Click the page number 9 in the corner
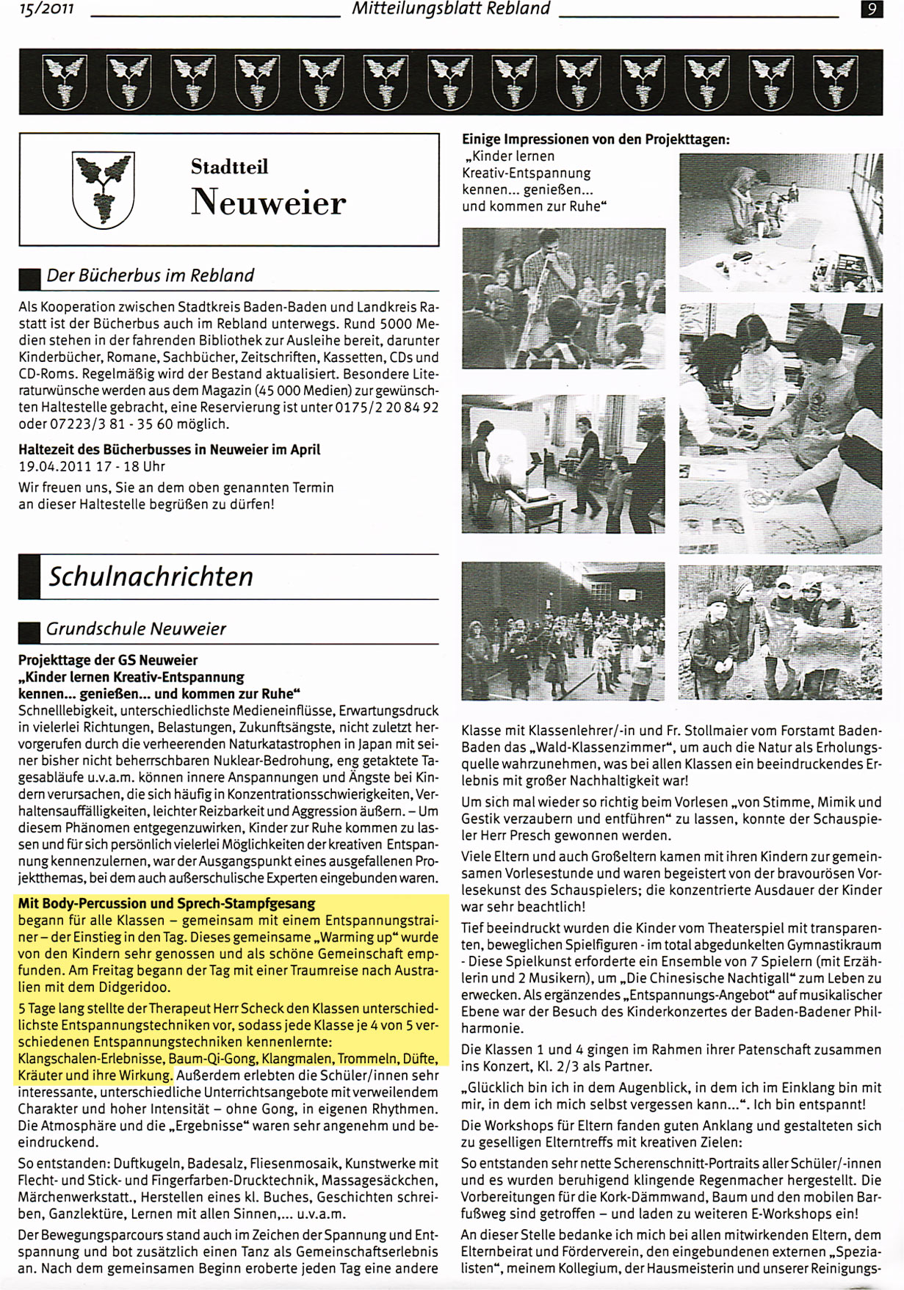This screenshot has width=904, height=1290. pyautogui.click(x=871, y=10)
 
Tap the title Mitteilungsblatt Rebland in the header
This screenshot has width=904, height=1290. pyautogui.click(x=451, y=9)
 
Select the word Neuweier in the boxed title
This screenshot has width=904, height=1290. pyautogui.click(x=268, y=202)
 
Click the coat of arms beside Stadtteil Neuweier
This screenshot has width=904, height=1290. pyautogui.click(x=103, y=188)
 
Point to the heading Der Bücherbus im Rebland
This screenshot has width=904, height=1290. pyautogui.click(x=150, y=275)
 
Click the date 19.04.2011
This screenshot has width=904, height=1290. pyautogui.click(x=54, y=466)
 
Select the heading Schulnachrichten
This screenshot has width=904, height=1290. pyautogui.click(x=151, y=576)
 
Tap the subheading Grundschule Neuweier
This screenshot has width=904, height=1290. pyautogui.click(x=136, y=629)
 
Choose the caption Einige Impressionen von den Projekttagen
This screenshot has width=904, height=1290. pyautogui.click(x=596, y=139)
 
